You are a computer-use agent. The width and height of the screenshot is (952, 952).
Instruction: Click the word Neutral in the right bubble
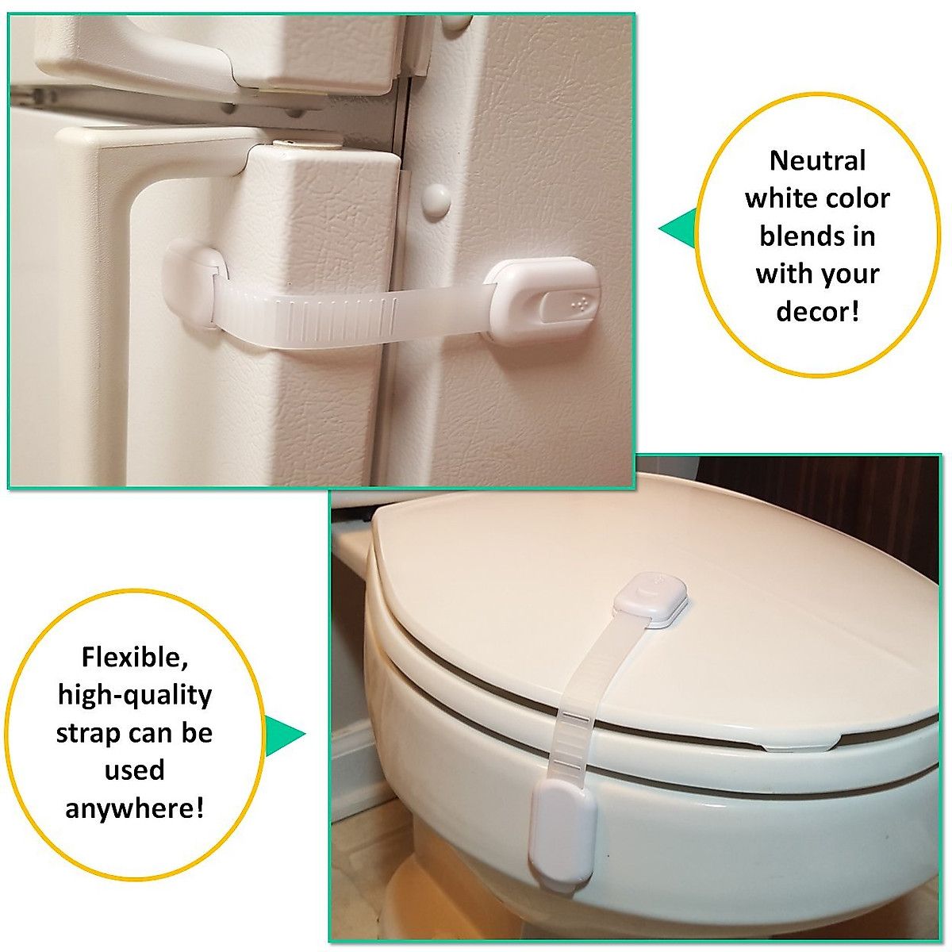coord(817,161)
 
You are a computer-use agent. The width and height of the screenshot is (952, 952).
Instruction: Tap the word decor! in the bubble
coord(817,311)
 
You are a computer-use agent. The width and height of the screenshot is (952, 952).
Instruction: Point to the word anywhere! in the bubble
coord(134,808)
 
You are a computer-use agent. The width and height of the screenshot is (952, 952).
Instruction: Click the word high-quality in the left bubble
coord(134,695)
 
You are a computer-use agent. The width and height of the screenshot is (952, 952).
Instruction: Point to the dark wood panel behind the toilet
coord(833,508)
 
